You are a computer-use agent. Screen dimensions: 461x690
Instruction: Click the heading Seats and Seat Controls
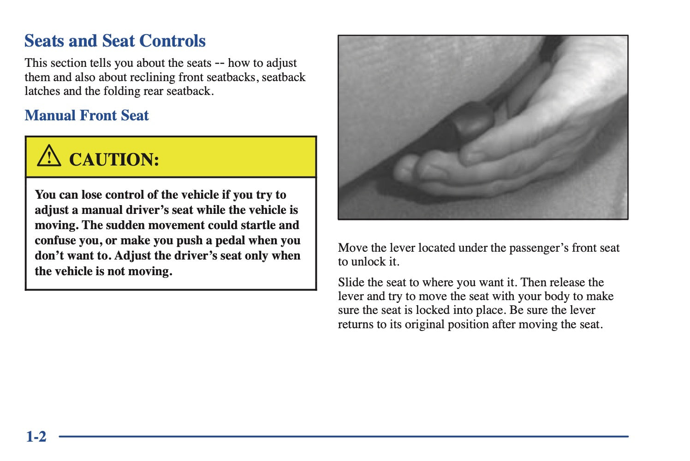(115, 41)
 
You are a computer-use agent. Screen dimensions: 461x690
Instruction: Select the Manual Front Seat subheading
(87, 115)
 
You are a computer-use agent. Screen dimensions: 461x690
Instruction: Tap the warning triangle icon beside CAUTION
(48, 156)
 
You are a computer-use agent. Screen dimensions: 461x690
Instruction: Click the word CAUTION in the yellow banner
(114, 160)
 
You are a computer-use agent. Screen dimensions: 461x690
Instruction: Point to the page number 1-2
(36, 436)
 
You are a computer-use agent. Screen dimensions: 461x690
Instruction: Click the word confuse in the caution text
(55, 240)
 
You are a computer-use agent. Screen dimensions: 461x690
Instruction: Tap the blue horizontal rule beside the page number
(344, 436)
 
